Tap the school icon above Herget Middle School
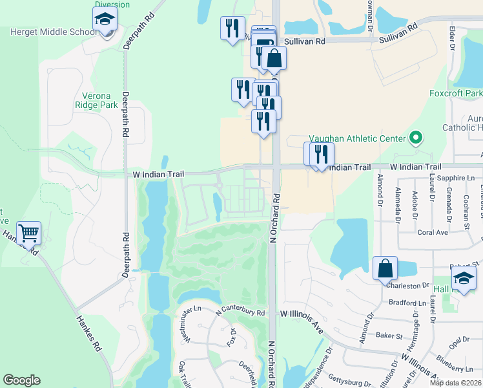coord(104,21)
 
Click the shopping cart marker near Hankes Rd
coord(28,233)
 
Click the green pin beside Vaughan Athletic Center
coord(416,138)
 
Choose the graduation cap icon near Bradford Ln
coord(463,279)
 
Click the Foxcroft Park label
coord(456,93)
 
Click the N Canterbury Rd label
coord(241,312)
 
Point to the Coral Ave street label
coord(433,232)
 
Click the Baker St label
coord(389,336)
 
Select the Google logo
coord(21,380)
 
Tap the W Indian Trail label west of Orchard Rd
coord(159,174)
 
